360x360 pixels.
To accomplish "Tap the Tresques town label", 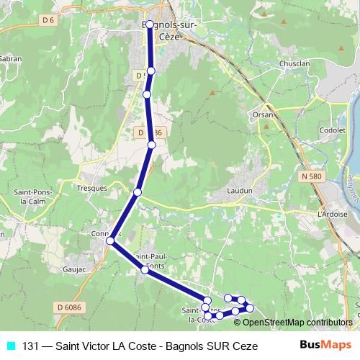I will [x=91, y=187].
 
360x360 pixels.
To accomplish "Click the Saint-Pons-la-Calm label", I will [x=30, y=197].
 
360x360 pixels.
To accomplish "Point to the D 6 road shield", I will [x=49, y=20].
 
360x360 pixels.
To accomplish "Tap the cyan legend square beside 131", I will [x=10, y=346].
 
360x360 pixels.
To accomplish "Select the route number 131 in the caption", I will [x=31, y=346].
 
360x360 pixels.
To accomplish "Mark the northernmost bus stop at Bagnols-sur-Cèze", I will [x=149, y=24].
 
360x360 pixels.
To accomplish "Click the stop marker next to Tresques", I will [x=137, y=192].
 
